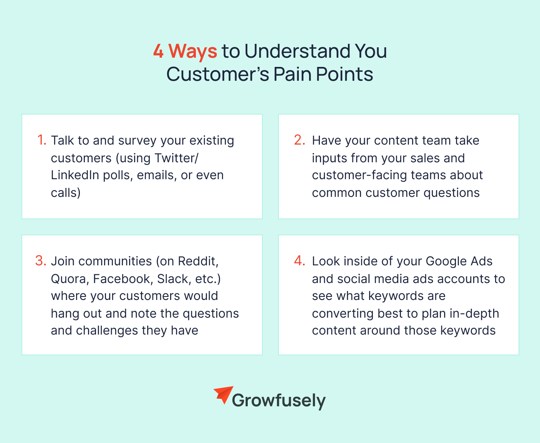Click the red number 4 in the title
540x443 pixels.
[158, 51]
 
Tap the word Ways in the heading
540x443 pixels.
[193, 51]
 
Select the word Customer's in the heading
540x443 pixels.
[217, 74]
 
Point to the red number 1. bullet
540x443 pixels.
[41, 140]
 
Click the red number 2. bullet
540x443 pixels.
[300, 140]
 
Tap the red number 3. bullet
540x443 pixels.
[41, 261]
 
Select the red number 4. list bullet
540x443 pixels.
[300, 261]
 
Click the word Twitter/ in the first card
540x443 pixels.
[177, 158]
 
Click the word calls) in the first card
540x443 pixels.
[66, 193]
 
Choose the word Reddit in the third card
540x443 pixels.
[198, 261]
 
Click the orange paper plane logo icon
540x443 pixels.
[224, 395]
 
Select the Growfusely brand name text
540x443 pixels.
[278, 401]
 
